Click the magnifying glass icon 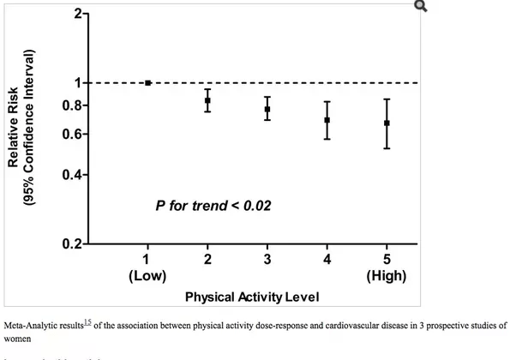(x=420, y=7)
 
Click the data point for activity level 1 (x=147, y=83)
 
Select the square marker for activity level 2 (x=207, y=100)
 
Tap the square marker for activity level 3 (x=267, y=109)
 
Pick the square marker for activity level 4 (x=327, y=120)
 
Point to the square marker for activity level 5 (x=387, y=123)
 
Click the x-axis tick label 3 (x=267, y=259)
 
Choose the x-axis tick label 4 (x=327, y=259)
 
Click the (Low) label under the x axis (x=147, y=276)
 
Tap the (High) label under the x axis (x=387, y=276)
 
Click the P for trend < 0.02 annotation (x=214, y=207)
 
